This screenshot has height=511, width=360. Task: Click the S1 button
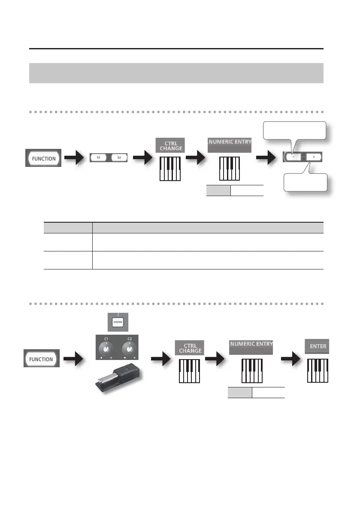(98, 157)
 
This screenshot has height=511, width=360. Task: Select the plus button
(314, 157)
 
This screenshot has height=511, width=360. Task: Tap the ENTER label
(318, 346)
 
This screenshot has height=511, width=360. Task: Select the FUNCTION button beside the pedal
(42, 359)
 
